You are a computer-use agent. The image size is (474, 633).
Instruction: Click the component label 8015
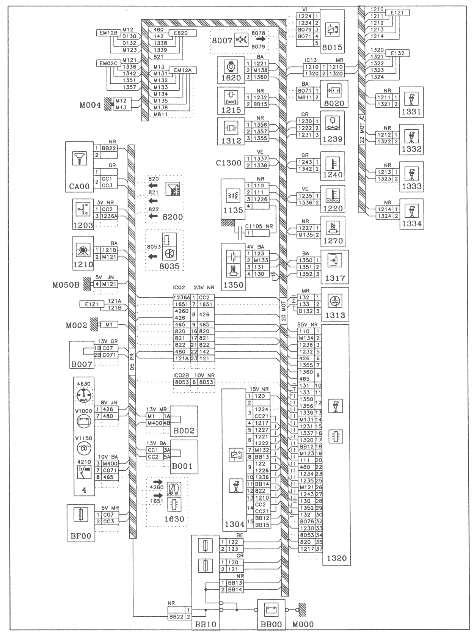(x=332, y=48)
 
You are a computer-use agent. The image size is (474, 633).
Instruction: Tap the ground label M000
(x=303, y=624)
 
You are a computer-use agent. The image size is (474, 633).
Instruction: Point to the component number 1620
(x=231, y=78)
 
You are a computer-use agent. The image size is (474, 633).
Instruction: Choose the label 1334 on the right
(x=411, y=224)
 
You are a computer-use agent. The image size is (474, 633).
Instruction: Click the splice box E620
(x=183, y=33)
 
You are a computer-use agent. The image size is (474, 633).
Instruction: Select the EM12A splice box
(x=183, y=70)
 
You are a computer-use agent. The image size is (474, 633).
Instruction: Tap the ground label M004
(x=90, y=105)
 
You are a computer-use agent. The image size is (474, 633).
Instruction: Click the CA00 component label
(x=79, y=186)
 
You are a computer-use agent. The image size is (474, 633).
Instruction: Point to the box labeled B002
(x=184, y=431)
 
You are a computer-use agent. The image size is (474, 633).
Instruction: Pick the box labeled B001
(x=182, y=467)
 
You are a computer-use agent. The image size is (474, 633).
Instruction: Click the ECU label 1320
(x=336, y=558)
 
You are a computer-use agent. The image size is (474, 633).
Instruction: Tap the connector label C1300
(x=229, y=163)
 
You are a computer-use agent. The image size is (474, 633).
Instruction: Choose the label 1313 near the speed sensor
(x=335, y=316)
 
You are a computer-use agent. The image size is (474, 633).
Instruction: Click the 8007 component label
(x=222, y=40)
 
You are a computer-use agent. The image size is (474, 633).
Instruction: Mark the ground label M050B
(x=66, y=284)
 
